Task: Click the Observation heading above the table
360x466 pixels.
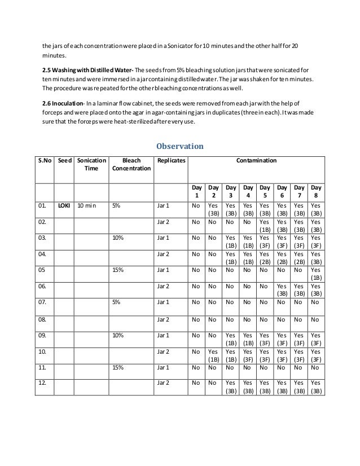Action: coord(179,146)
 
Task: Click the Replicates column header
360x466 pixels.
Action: coord(169,161)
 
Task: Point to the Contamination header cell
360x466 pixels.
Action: coord(257,161)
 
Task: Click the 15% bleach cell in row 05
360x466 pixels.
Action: coord(118,270)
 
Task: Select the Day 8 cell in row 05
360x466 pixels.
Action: coord(317,274)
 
